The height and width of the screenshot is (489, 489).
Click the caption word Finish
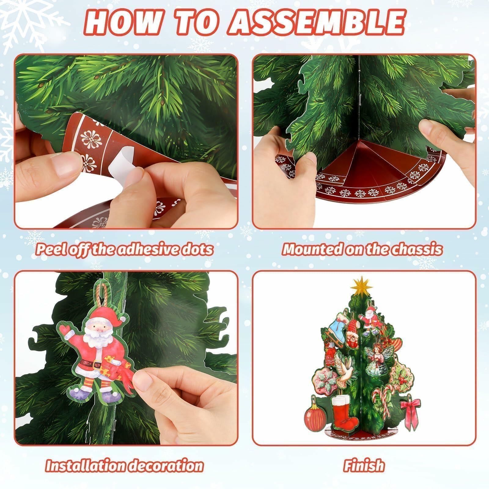click(x=364, y=466)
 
